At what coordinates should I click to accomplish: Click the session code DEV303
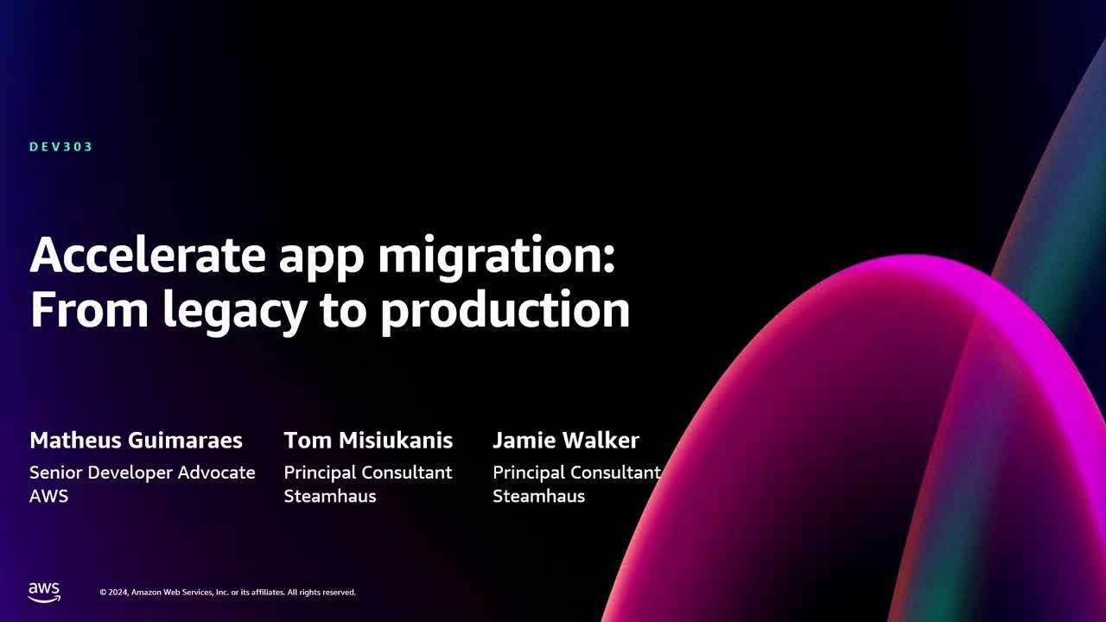60,147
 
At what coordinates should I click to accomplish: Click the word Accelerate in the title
148,256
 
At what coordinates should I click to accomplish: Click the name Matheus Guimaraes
136,441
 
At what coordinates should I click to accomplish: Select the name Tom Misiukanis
368,441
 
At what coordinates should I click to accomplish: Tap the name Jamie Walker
566,441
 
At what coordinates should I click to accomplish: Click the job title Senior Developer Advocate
143,473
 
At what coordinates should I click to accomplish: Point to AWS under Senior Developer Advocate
48,496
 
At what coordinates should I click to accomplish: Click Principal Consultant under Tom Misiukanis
368,473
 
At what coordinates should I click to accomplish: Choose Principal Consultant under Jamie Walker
576,473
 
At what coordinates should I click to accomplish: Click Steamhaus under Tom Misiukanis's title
330,496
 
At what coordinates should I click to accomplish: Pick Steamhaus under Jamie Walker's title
538,496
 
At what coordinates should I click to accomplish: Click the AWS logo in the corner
44,592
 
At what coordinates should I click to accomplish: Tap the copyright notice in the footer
227,593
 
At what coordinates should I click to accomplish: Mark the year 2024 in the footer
118,593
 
